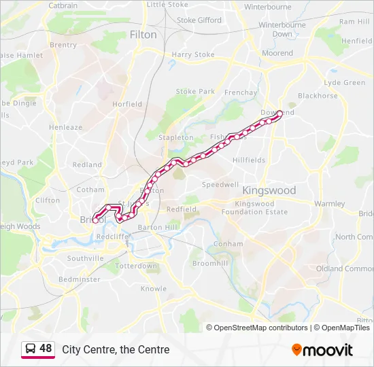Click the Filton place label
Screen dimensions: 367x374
143,35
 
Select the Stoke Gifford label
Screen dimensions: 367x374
199,20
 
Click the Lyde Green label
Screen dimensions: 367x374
345,82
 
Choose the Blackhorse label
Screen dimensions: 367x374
318,96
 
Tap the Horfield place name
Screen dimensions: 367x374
127,104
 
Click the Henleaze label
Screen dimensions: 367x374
65,127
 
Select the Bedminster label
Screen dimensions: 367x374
79,279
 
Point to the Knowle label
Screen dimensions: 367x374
153,289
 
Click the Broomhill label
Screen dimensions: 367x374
210,263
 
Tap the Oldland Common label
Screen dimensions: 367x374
354,268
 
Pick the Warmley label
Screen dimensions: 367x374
330,203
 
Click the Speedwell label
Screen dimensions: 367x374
220,184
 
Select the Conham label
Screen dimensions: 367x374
228,243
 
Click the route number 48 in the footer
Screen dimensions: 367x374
46,349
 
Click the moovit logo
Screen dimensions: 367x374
322,350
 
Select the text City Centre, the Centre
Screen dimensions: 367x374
116,350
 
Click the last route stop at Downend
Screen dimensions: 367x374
279,113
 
